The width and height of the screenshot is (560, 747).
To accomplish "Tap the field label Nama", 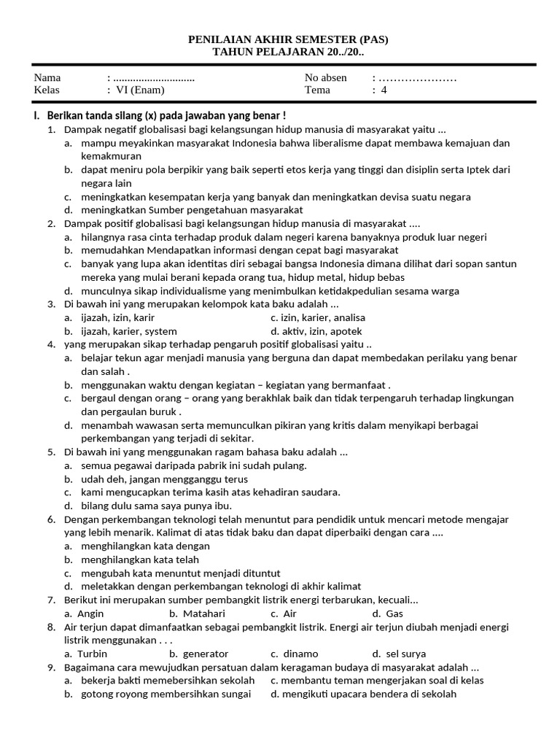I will pos(47,78).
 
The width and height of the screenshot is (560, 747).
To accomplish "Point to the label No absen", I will pos(326,78).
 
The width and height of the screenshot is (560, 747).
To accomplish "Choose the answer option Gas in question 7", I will pos(394,614).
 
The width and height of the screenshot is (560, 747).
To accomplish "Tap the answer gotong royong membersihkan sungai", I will pos(166,694).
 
